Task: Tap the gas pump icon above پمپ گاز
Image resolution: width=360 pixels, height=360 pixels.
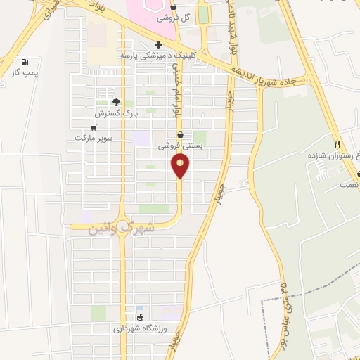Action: coord(26,61)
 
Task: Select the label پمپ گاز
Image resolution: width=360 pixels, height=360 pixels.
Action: coord(26,72)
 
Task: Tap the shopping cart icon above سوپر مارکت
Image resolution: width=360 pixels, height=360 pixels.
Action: coord(94,127)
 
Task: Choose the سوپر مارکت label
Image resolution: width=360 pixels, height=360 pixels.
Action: coord(94,139)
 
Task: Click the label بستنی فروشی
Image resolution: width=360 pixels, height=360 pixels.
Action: coord(179,146)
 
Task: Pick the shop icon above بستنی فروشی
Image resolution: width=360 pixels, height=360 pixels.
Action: coord(180,134)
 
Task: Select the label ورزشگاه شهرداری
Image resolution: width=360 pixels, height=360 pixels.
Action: coord(139,328)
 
